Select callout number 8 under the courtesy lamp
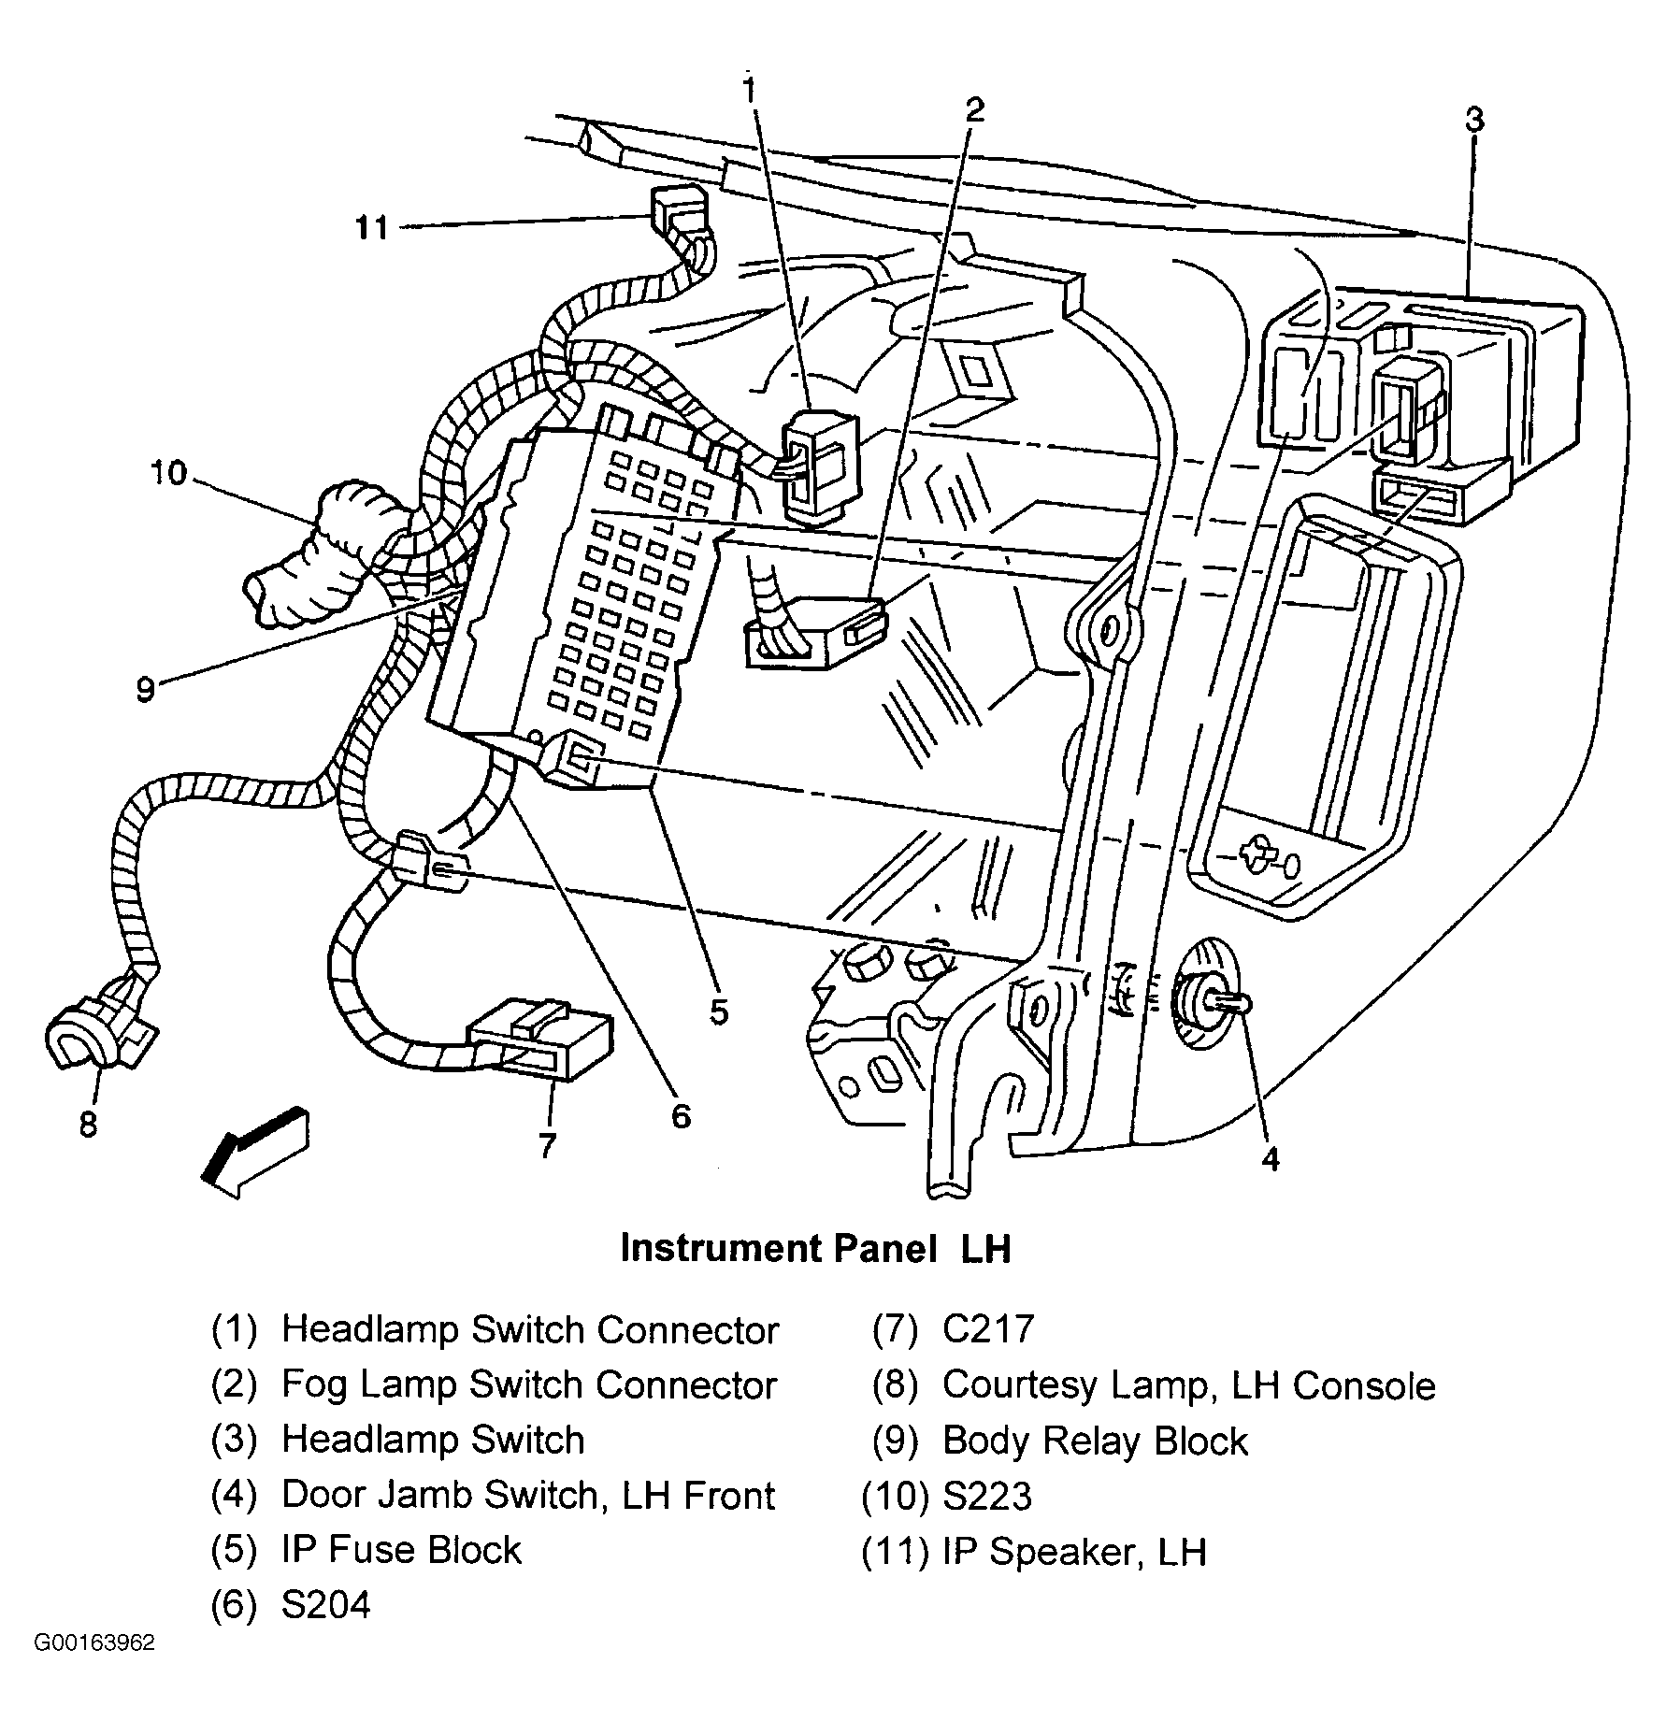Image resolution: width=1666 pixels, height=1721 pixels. tap(88, 1125)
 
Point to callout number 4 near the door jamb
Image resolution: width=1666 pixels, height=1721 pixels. tap(1270, 1158)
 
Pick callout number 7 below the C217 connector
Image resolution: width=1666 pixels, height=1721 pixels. tap(547, 1144)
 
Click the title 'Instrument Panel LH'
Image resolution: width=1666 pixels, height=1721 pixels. tap(815, 1248)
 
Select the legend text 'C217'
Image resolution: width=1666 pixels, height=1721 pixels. tap(988, 1328)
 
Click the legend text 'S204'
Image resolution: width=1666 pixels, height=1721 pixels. tap(326, 1604)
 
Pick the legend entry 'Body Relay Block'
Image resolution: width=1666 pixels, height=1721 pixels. tap(1095, 1441)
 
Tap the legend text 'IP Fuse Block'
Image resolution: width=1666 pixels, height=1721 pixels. tap(401, 1549)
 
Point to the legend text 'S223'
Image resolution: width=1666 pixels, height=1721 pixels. tap(987, 1496)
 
